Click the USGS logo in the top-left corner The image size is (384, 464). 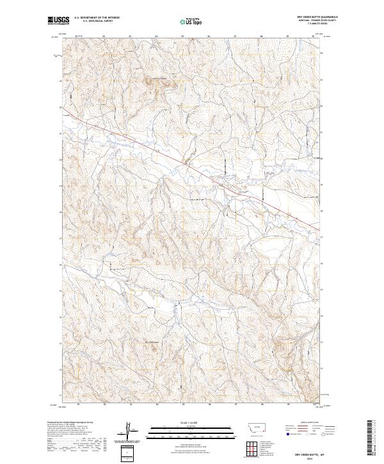click(58, 21)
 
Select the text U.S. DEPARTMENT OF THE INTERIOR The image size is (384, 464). click(97, 19)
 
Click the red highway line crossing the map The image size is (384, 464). click(192, 166)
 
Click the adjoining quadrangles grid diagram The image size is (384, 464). click(250, 445)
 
